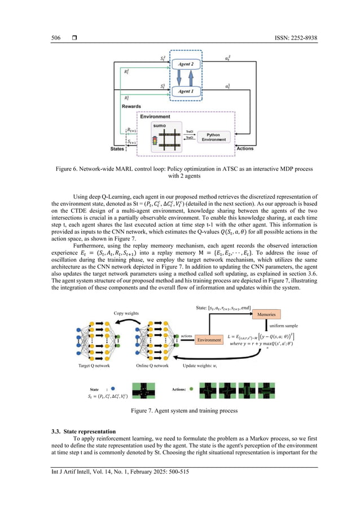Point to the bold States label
coord(117,149)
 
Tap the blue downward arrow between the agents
coord(190,78)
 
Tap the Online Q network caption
coord(152,366)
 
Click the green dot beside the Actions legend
coord(191,389)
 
